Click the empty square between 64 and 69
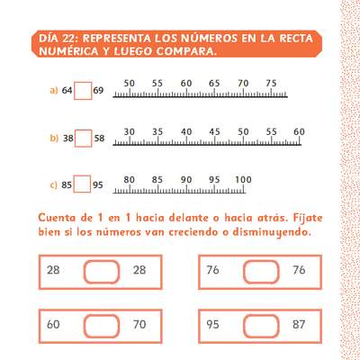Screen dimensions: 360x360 point(83,91)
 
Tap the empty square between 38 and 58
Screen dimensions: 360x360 point(83,139)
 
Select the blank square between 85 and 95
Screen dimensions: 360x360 point(82,184)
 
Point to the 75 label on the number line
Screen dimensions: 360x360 point(271,83)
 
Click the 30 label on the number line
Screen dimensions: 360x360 point(130,131)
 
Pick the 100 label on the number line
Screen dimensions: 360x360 point(243,180)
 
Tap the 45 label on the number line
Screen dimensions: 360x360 point(214,131)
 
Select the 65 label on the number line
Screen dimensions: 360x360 point(214,83)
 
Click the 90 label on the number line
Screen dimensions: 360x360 point(186,180)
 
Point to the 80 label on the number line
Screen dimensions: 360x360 point(130,180)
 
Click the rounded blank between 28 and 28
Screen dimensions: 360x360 point(102,272)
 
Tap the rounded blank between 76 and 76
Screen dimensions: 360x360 point(261,272)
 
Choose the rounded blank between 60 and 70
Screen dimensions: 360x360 point(102,326)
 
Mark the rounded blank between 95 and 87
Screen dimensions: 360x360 point(261,326)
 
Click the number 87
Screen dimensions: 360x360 point(299,324)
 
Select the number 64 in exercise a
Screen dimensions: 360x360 point(67,90)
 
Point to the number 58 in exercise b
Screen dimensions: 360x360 point(99,139)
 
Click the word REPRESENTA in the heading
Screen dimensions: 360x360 point(117,39)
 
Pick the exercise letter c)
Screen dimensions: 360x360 point(53,185)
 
